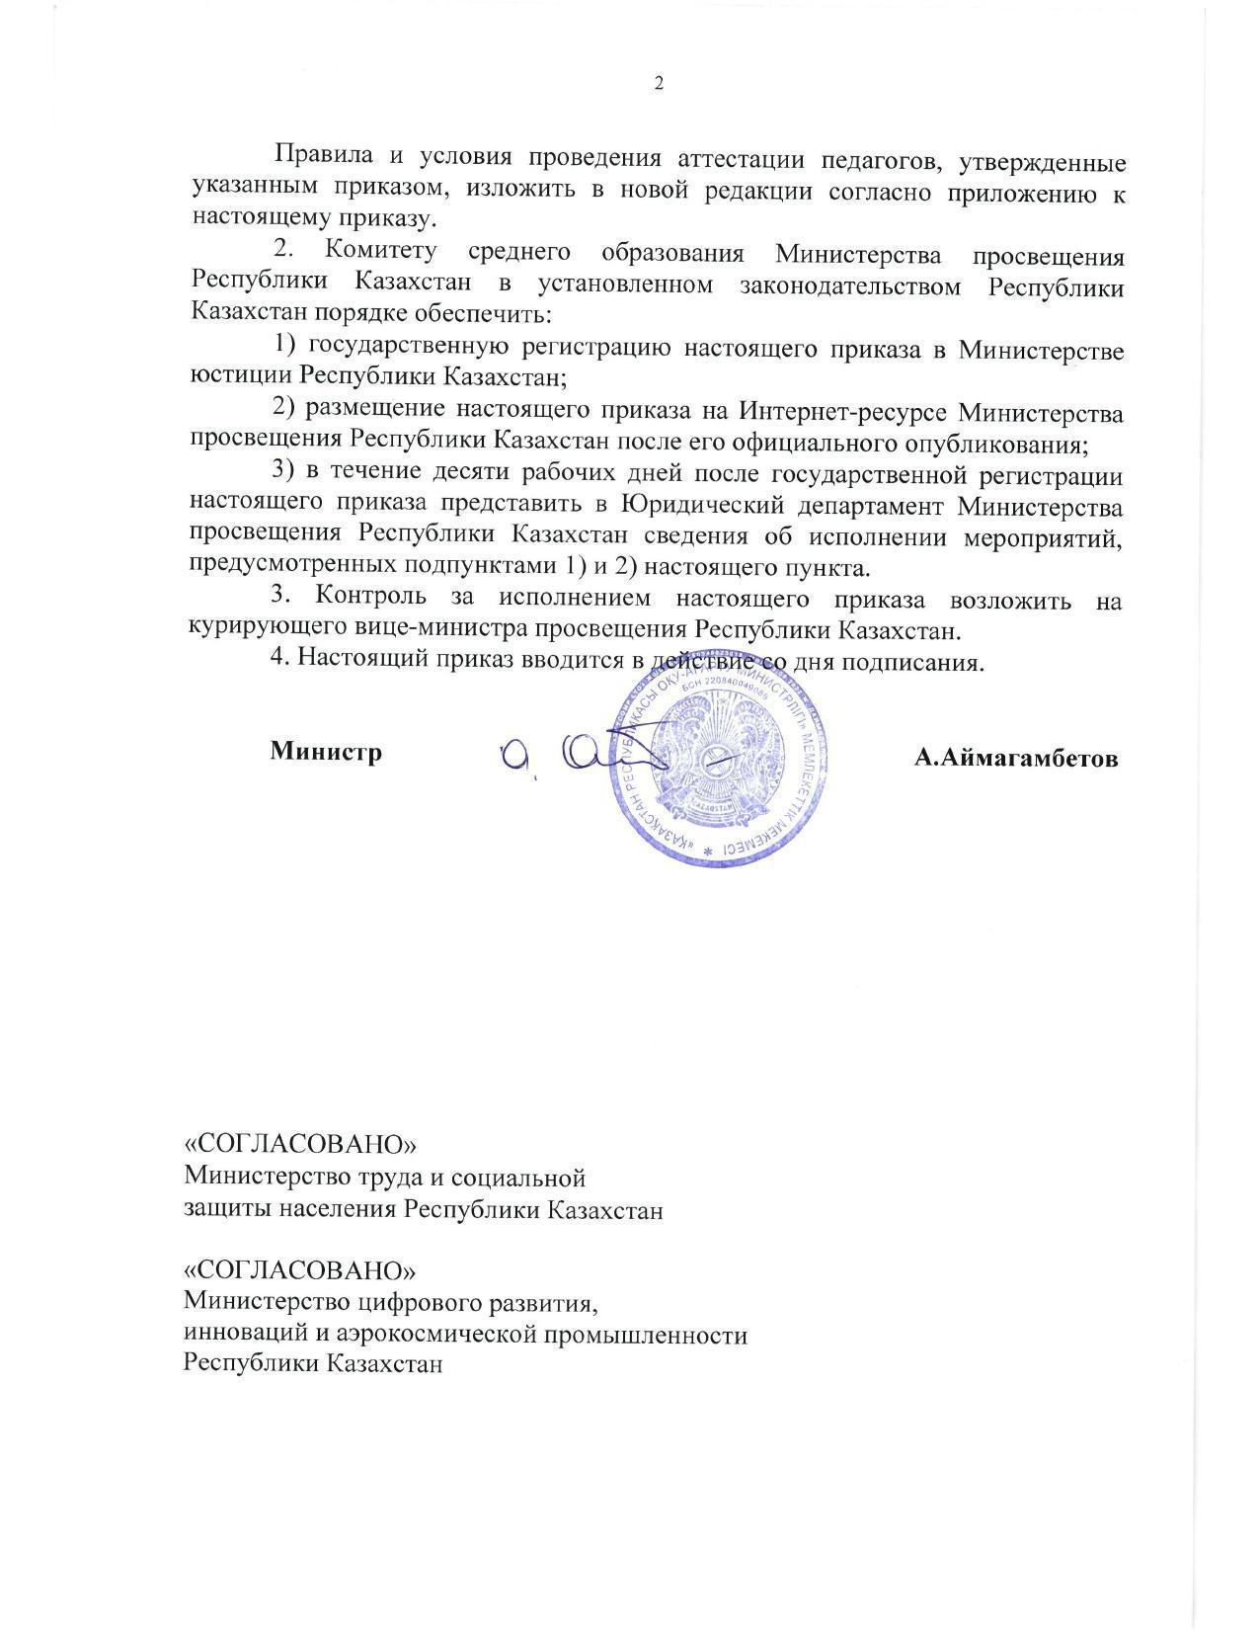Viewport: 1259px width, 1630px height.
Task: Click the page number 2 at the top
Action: [x=659, y=83]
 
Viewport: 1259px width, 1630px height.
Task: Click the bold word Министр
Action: [x=326, y=752]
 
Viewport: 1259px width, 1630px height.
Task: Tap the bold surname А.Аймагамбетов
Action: [x=1016, y=758]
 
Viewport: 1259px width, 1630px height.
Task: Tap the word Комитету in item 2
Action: [x=379, y=252]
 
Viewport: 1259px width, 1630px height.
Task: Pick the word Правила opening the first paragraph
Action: [x=324, y=156]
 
